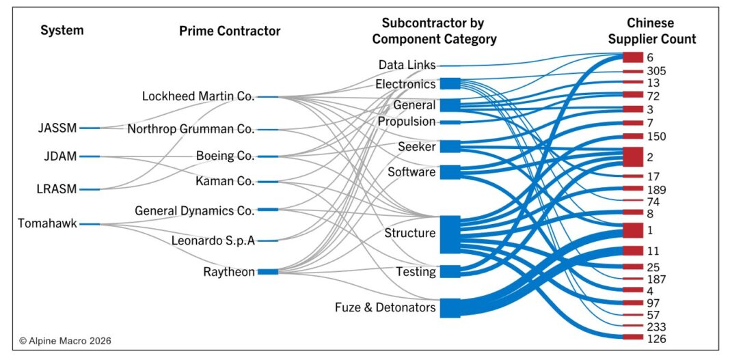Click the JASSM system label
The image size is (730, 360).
click(x=58, y=128)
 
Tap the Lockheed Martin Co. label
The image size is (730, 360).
click(x=198, y=96)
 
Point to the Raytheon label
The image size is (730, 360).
click(x=229, y=272)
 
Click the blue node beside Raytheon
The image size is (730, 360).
click(x=268, y=272)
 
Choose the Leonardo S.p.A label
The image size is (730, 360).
click(x=214, y=240)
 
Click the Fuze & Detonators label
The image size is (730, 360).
click(x=385, y=307)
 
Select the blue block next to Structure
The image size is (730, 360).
click(x=450, y=234)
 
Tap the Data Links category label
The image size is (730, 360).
click(x=407, y=65)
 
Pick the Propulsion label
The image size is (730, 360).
click(x=407, y=122)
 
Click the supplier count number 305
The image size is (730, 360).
click(x=657, y=71)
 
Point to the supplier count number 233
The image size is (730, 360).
click(x=657, y=327)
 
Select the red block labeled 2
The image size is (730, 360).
click(x=632, y=156)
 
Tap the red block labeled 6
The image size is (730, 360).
click(x=632, y=58)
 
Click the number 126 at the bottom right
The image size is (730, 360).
click(x=657, y=338)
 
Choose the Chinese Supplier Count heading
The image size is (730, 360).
click(x=651, y=31)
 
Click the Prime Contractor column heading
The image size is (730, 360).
click(x=230, y=31)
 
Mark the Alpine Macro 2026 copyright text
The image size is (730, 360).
click(x=65, y=340)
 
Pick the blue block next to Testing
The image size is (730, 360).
click(x=450, y=271)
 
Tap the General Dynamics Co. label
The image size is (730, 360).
click(x=195, y=210)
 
